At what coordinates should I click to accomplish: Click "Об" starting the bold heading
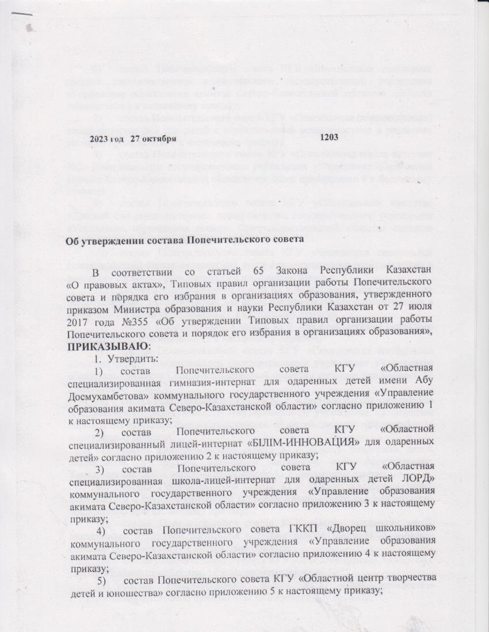[x=74, y=241]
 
